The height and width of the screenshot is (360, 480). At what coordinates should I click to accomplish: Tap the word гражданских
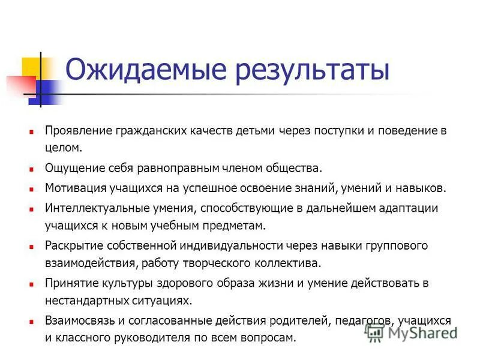[x=142, y=130]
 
